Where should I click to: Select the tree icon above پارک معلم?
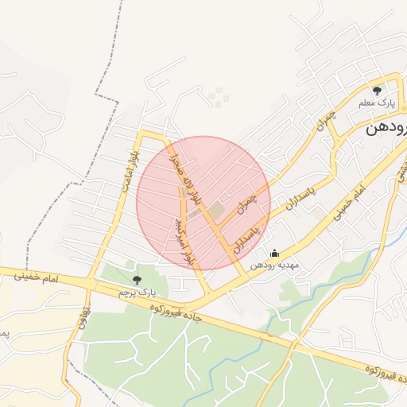pos(377,90)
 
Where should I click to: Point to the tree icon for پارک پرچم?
pos(137,279)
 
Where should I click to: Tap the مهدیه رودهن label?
pos(273,266)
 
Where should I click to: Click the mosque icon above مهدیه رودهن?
pos(275,254)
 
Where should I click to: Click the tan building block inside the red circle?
pos(217,209)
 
